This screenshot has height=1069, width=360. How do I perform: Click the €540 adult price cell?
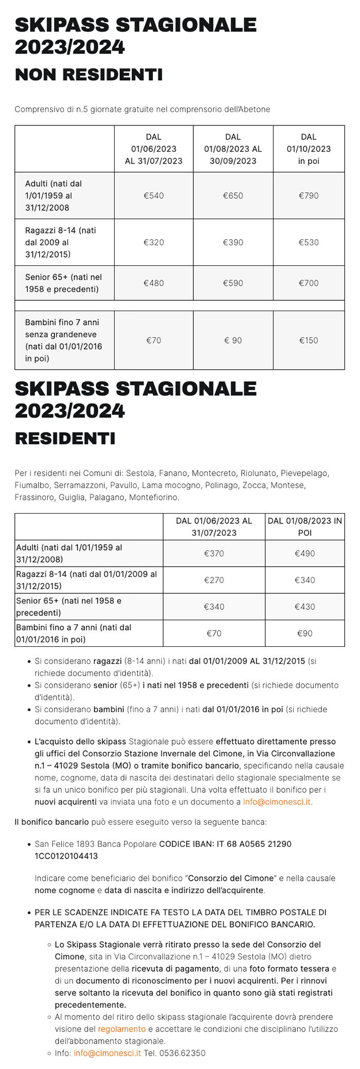point(153,195)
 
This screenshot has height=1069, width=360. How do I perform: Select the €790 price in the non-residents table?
point(309,195)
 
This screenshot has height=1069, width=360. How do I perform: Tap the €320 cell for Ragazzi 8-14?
point(153,242)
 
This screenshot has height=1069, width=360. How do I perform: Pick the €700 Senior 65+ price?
point(309,283)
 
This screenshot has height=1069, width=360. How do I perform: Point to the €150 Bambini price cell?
point(309,340)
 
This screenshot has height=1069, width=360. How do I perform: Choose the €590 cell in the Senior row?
point(233,283)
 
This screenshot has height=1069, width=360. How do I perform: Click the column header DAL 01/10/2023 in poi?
point(309,149)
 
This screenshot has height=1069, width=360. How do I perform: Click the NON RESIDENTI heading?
point(88,75)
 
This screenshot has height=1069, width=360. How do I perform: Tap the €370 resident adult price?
point(214,553)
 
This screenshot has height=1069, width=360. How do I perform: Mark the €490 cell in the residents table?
point(304,553)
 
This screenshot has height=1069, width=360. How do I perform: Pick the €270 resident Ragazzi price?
point(214,580)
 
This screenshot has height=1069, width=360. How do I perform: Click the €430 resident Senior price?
point(304,607)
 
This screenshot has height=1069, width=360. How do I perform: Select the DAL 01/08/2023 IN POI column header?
point(304,527)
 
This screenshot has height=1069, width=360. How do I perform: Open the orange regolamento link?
point(121,1029)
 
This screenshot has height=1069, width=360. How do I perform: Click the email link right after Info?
point(107,1053)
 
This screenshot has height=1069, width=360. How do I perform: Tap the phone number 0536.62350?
point(182,1053)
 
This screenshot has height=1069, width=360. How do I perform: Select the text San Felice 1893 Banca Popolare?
point(95,844)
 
